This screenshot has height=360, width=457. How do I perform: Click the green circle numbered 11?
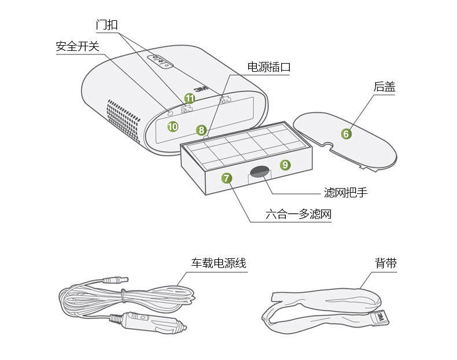pos(189,98)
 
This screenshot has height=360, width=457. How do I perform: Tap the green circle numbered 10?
pos(173,126)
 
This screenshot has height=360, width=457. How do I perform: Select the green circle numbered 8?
pos(201,130)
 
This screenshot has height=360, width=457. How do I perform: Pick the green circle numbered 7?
pos(226,178)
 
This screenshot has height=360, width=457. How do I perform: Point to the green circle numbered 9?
pos(285,164)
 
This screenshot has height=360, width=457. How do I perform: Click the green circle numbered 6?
pos(346,134)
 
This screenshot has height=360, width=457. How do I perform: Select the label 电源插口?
pos(268,67)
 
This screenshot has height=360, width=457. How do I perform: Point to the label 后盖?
pos(384,87)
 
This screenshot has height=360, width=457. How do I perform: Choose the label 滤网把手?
pos(345,192)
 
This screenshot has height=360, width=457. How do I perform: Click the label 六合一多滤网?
pos(298,215)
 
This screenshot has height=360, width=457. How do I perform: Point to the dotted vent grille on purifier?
pos(123,119)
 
